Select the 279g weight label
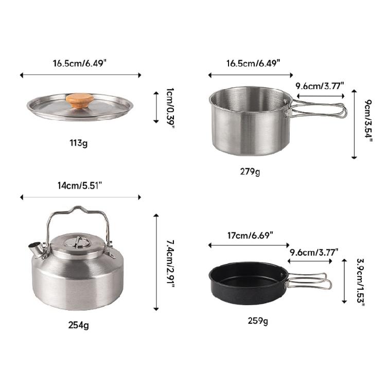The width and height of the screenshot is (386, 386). pyautogui.click(x=250, y=171)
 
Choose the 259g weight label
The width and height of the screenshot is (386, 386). pyautogui.click(x=257, y=321)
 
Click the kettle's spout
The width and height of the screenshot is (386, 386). pyautogui.click(x=37, y=250)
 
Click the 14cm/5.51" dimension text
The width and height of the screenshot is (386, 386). pyautogui.click(x=80, y=185)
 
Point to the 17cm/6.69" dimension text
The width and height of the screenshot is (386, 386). pyautogui.click(x=250, y=235)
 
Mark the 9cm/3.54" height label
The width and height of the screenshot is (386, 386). pyautogui.click(x=367, y=124)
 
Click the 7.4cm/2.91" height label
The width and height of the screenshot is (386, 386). pyautogui.click(x=170, y=262)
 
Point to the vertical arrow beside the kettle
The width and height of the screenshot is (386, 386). pyautogui.click(x=156, y=262)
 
